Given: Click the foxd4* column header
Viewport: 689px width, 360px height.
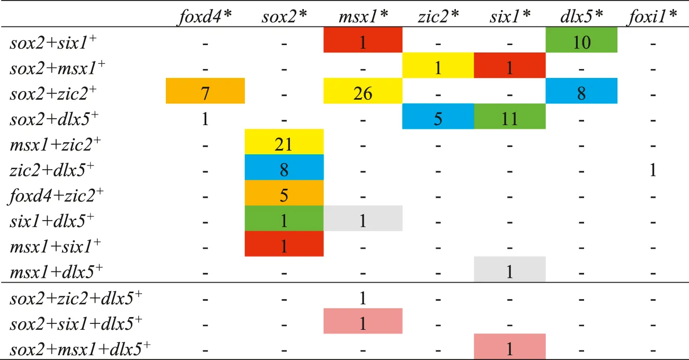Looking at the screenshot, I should click(x=205, y=16).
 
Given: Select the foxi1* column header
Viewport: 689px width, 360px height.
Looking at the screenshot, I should click(x=652, y=16).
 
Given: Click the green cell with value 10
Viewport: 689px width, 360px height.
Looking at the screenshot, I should click(x=581, y=41).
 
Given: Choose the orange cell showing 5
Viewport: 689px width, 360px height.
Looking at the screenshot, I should click(x=284, y=193).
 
